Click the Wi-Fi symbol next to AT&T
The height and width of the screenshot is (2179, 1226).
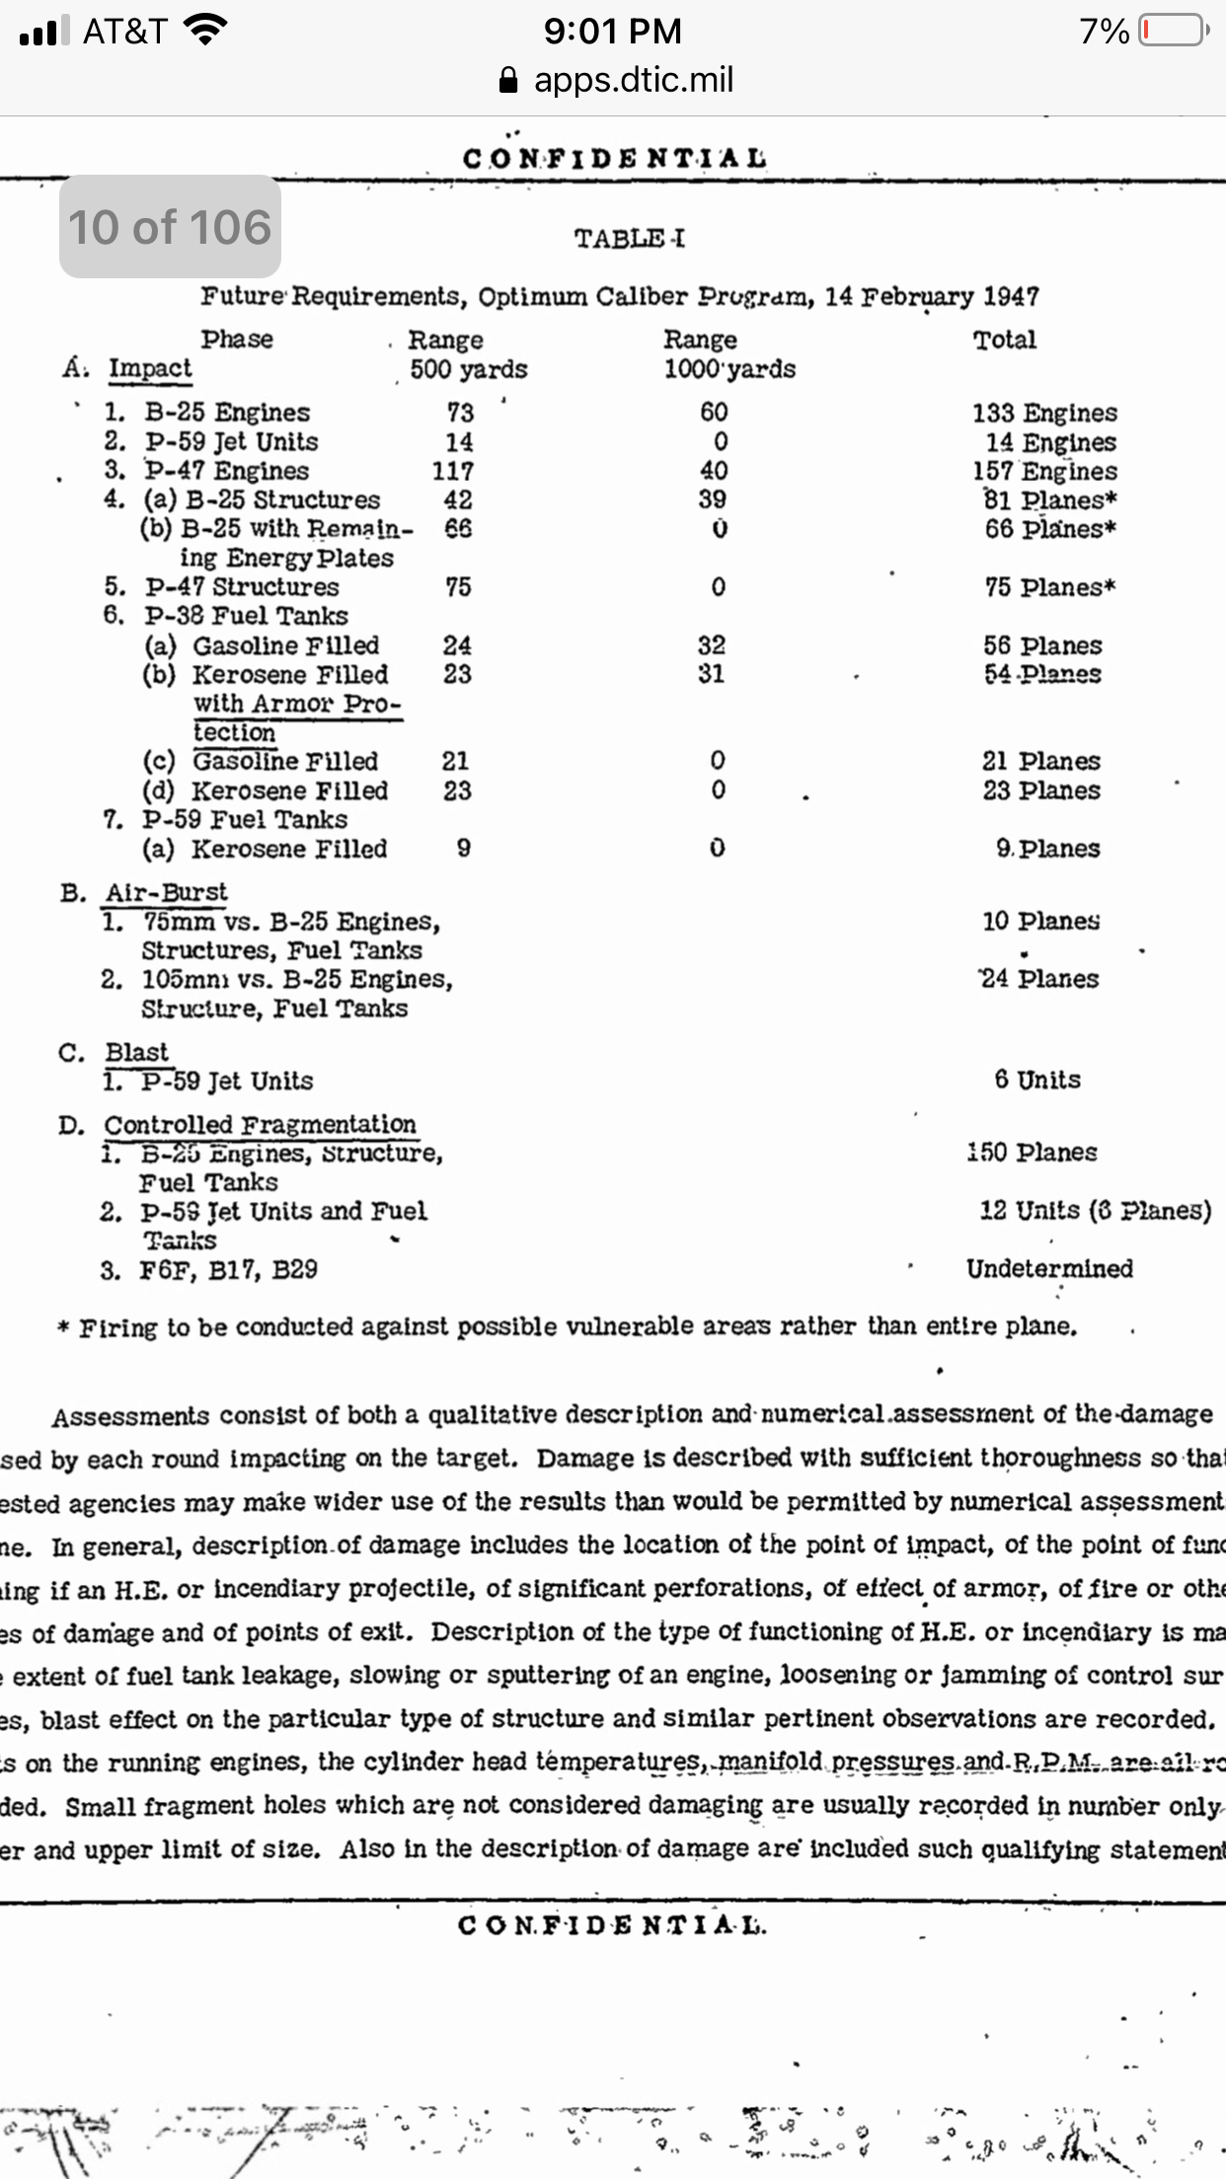204,31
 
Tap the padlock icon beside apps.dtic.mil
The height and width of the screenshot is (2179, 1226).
508,80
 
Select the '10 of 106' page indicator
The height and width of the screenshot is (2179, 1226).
170,227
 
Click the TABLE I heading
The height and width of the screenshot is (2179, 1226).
629,238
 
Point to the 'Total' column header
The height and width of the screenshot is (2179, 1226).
1004,339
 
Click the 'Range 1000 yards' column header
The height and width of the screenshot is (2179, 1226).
728,354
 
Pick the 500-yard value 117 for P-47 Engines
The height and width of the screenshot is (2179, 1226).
452,471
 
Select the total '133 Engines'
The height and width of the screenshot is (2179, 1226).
1044,413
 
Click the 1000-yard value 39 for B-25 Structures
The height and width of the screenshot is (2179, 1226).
712,499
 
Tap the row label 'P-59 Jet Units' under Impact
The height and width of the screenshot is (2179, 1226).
231,441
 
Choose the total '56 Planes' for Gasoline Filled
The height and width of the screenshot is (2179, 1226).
1042,645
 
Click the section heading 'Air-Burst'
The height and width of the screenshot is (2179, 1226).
166,892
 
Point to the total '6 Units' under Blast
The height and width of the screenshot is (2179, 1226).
1036,1080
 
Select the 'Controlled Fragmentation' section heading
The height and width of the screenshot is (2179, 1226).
260,1125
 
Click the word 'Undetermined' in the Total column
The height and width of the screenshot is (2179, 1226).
1049,1268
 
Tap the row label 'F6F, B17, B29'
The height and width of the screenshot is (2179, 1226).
228,1269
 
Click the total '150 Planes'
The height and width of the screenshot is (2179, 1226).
1032,1153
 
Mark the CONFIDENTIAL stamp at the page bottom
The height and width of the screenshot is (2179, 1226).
611,1925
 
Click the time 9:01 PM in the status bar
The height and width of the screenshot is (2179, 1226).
612,31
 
